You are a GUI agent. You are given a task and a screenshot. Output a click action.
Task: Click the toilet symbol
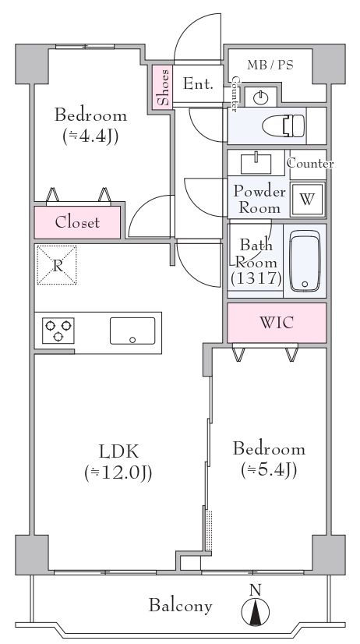[284, 126]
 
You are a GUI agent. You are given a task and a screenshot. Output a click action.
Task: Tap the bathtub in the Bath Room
[305, 260]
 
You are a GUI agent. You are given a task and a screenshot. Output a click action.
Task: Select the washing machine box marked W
[308, 200]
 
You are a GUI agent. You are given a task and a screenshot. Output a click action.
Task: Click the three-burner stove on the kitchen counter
[58, 331]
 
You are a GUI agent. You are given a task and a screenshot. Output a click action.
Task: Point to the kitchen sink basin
[132, 331]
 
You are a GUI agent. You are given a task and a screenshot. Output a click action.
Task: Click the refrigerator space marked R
[57, 265]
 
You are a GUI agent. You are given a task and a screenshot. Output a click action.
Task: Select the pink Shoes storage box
[163, 87]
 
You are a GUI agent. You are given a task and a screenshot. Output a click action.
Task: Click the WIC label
[277, 323]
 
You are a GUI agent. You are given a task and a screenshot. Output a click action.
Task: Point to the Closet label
[77, 222]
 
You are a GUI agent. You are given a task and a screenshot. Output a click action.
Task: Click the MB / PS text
[270, 65]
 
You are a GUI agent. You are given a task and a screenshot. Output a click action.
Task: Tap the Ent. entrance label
[198, 84]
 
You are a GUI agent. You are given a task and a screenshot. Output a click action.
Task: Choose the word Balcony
[180, 605]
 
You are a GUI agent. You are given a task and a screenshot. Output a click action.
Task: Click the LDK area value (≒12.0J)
[118, 472]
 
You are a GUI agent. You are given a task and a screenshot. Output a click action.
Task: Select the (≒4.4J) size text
[90, 136]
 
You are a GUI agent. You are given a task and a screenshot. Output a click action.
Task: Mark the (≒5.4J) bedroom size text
[269, 469]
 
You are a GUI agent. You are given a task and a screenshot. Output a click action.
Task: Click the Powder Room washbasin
[256, 164]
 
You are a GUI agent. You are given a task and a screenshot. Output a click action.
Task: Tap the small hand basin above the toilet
[260, 97]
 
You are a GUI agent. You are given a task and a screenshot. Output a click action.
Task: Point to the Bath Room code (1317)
[256, 279]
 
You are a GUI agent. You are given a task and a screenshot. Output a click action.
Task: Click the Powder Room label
[259, 200]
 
